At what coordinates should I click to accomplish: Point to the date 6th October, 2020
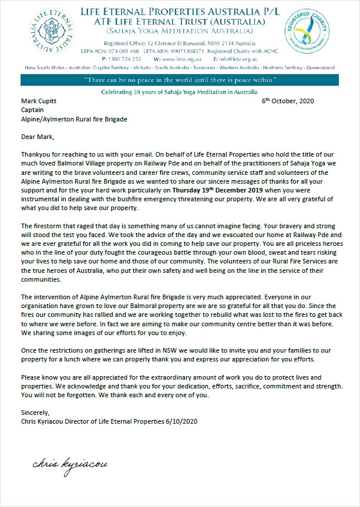(288, 101)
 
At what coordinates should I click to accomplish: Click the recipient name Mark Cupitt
(39, 101)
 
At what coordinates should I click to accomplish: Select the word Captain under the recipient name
(33, 110)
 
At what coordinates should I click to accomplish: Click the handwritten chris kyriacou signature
(70, 464)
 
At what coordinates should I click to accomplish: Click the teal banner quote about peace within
(179, 80)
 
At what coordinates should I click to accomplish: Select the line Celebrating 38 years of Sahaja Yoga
(179, 92)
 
